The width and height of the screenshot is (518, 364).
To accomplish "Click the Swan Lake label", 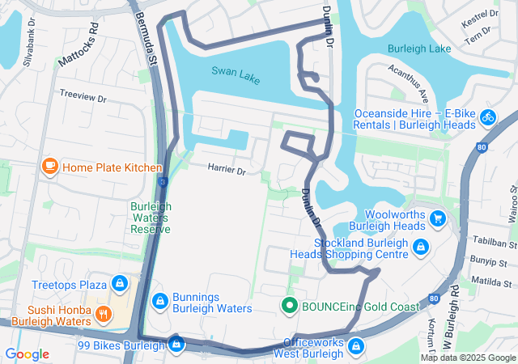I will point(235,71).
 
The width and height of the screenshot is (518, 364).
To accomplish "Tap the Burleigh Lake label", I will point(418,49).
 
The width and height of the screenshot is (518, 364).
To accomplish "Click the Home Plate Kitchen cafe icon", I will point(49,167).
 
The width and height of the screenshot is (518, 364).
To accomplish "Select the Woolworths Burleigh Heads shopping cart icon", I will point(438,218).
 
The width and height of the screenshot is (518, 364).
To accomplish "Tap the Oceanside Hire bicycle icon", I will point(487,117).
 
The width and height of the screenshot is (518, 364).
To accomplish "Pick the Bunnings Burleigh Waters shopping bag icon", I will point(159,301).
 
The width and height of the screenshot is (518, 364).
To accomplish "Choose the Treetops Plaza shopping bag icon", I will point(120,284).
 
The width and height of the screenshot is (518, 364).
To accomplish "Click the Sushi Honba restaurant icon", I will point(103,314).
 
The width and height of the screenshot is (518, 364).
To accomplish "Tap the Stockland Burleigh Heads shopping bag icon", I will point(420,247).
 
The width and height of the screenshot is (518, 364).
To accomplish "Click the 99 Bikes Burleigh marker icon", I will point(176,345).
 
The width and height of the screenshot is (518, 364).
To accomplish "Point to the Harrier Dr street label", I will point(226,169).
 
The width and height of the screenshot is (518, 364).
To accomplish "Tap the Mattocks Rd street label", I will point(79,49).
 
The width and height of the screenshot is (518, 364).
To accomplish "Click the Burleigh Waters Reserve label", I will point(151,218).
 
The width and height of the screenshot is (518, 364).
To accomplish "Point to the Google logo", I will point(27,354).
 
